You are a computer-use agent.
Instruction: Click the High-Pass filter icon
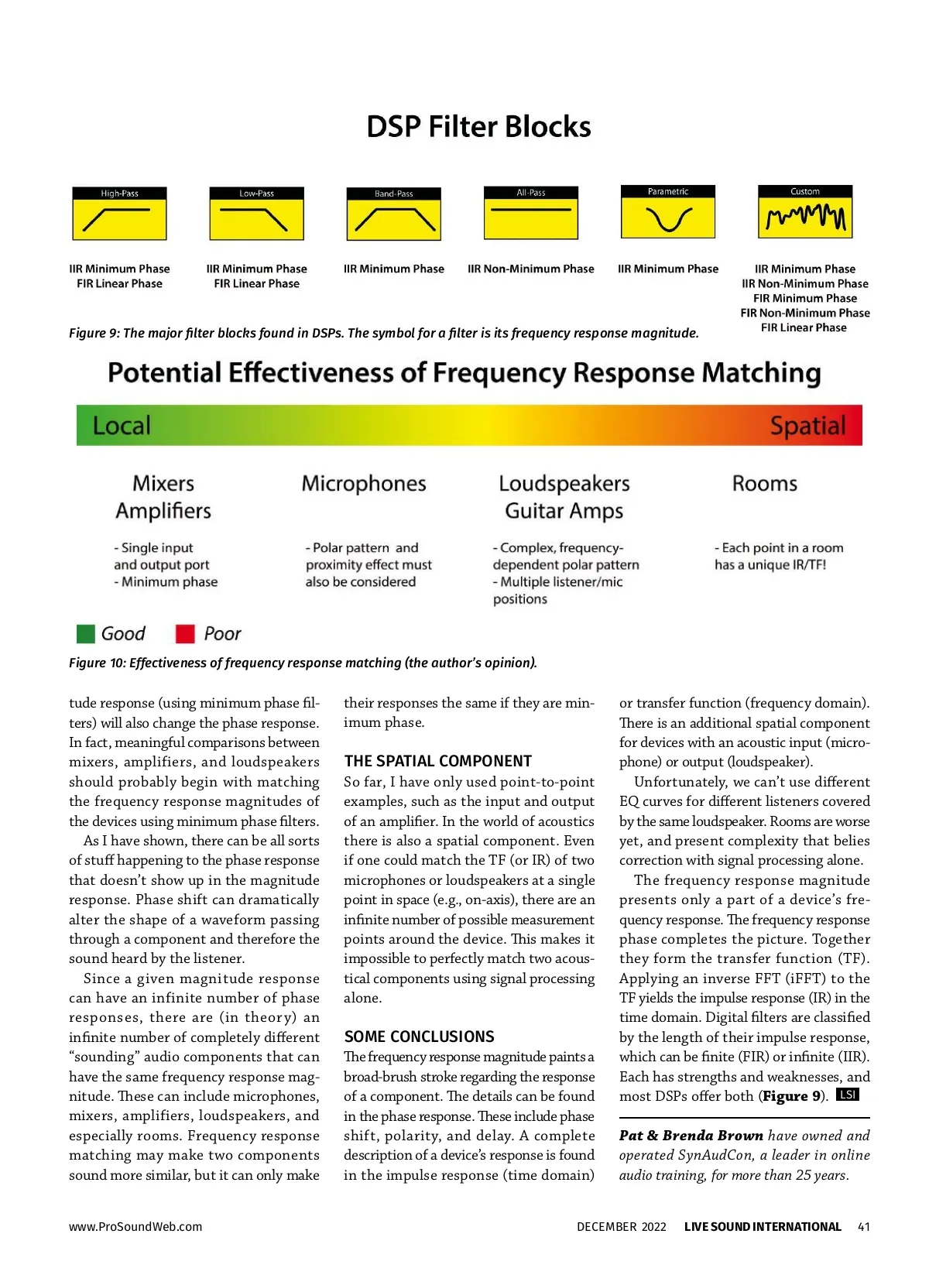119,214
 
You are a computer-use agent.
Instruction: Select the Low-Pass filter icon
256,214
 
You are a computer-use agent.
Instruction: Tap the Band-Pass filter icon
393,214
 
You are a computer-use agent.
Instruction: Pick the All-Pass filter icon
531,213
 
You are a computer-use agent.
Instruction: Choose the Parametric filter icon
668,212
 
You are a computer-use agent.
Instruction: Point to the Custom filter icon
805,212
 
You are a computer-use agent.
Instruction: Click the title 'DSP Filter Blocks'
478,127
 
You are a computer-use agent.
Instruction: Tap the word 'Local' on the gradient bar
122,426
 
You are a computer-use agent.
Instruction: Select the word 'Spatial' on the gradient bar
807,426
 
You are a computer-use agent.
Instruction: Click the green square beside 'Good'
86,634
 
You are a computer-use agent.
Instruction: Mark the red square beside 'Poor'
185,634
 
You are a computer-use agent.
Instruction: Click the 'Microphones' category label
364,484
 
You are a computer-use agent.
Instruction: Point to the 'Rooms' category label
765,484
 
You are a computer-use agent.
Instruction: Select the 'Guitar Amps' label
564,511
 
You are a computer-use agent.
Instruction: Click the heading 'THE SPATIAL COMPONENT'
438,761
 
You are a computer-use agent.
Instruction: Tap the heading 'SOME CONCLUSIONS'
419,1037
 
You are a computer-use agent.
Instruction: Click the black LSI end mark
848,1095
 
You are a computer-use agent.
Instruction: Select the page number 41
864,1226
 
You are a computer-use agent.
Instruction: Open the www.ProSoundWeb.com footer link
135,1226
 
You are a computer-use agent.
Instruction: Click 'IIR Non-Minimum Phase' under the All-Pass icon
531,269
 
